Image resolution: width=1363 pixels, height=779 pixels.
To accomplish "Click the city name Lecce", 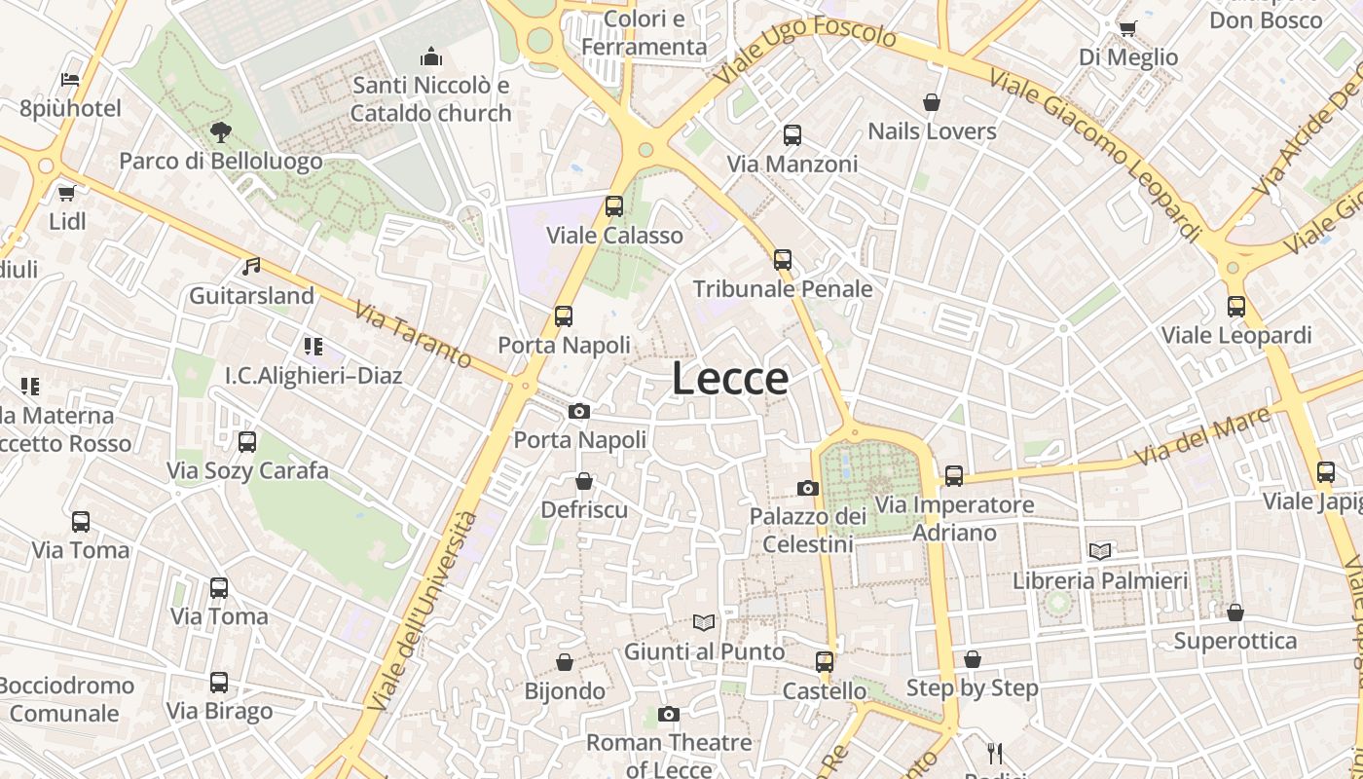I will coord(730,379).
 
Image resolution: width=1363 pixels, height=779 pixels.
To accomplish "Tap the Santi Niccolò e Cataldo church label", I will coord(430,99).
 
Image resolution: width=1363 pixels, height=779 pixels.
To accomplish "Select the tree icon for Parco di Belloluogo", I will coord(221,132).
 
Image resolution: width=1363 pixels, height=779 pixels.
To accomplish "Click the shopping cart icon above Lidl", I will coord(66,193).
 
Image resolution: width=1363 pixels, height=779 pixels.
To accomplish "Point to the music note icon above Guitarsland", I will coord(251,266).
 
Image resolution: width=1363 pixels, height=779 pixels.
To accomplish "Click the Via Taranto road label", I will coord(412,335).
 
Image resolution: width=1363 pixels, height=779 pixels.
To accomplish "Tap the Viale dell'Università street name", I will coord(424,609).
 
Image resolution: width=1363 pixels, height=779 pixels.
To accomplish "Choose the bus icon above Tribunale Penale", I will coord(783,260).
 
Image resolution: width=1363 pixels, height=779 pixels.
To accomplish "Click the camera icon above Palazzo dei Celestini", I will coord(807,488).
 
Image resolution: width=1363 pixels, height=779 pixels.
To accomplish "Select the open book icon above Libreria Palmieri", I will coord(1100,551).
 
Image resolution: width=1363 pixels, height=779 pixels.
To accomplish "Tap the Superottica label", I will coord(1234,641).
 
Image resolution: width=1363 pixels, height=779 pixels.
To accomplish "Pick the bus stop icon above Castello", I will coord(825,662).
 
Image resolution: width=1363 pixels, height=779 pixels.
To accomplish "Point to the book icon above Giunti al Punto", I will coord(704,622).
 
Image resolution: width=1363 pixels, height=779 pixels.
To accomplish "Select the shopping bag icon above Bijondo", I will coord(565,662).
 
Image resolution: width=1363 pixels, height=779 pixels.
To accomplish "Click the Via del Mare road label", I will coord(1202,434).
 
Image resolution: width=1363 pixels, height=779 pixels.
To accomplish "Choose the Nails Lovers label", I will coord(932,131).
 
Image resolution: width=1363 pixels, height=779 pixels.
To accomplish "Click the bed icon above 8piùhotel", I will coord(70,79).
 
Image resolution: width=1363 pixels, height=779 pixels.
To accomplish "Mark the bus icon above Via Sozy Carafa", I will coord(247,442).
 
